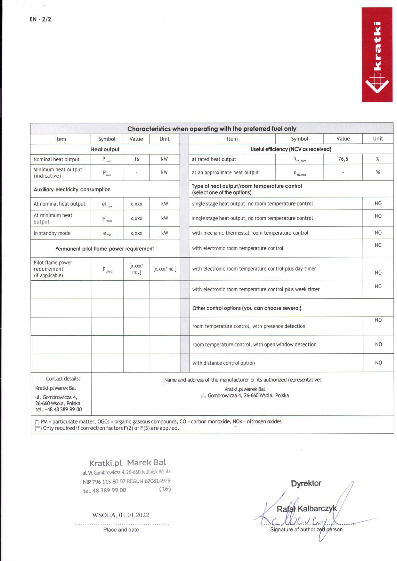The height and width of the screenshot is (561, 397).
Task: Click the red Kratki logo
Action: pyautogui.click(x=377, y=55)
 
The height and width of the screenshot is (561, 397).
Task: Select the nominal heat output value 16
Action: pyautogui.click(x=136, y=159)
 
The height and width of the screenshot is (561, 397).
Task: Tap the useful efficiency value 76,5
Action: pyautogui.click(x=343, y=159)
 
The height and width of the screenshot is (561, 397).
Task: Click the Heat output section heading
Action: pyautogui.click(x=105, y=149)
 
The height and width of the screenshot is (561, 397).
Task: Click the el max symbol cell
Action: pyautogui.click(x=107, y=204)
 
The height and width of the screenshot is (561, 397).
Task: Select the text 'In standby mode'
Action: pyautogui.click(x=52, y=233)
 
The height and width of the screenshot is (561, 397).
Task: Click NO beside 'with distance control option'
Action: pyautogui.click(x=378, y=363)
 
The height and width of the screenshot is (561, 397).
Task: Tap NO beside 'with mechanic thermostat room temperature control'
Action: pyautogui.click(x=378, y=233)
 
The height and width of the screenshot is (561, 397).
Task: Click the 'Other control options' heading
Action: pyautogui.click(x=247, y=308)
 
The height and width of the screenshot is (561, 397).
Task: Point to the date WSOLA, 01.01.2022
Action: pyautogui.click(x=120, y=515)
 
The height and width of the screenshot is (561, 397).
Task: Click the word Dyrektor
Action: pyautogui.click(x=306, y=483)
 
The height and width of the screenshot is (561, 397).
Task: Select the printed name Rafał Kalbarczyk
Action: pyautogui.click(x=306, y=509)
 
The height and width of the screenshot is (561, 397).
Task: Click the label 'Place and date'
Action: pyautogui.click(x=121, y=530)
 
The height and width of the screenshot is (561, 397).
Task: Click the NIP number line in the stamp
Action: pyautogui.click(x=126, y=481)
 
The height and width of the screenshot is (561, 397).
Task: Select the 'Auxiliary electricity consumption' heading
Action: pyautogui.click(x=72, y=189)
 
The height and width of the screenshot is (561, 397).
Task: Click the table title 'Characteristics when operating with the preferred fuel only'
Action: pyautogui.click(x=212, y=129)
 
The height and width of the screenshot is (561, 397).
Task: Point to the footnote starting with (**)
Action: pyautogui.click(x=107, y=428)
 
